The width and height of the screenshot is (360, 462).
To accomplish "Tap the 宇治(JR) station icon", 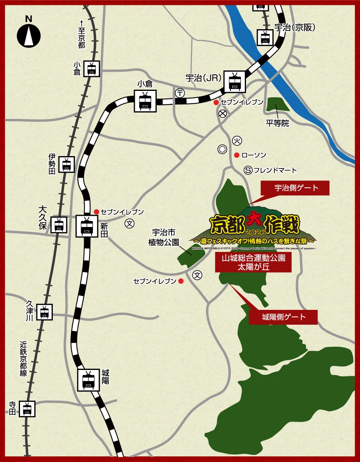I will coord(234,82).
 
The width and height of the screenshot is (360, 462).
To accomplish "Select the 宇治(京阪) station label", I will coord(295,27).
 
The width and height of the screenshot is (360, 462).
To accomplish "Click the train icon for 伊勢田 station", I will coord(66,164).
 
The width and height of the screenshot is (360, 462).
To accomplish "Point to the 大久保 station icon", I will coord(59,225).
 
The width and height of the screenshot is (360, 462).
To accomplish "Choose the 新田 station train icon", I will coord(87,226).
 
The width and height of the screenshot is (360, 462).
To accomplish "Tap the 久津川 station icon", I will coord(44,311).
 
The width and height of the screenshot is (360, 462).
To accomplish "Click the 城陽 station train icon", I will coord(88,379).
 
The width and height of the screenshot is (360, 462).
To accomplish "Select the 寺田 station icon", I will coord(27,409).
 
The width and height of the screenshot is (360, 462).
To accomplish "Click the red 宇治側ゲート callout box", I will coord(295,188).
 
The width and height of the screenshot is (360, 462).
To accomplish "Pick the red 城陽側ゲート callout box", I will coord(283,317).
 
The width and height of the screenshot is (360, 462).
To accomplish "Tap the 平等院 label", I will coord(277,123).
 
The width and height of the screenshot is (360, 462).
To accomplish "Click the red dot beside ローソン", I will coord(236,155).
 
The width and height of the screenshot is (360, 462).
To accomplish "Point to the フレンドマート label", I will coord(275,171).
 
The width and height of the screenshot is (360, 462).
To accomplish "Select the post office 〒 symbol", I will coord(180,93).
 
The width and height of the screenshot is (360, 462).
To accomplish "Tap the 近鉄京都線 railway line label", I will coord(24,358).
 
